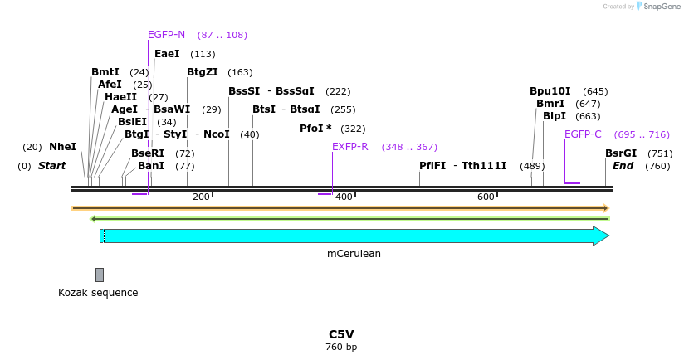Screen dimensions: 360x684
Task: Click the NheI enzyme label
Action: pyautogui.click(x=62, y=147)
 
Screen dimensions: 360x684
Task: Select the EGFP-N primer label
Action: pyautogui.click(x=166, y=35)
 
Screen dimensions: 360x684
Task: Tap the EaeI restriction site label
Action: pyautogui.click(x=167, y=54)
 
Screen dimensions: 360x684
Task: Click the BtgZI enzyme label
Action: pyautogui.click(x=203, y=72)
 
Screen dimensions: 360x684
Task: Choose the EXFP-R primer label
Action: pyautogui.click(x=349, y=147)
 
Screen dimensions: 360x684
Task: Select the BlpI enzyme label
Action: pyautogui.click(x=554, y=116)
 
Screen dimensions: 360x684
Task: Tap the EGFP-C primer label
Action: pyautogui.click(x=583, y=134)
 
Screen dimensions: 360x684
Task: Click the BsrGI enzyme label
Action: pyautogui.click(x=621, y=153)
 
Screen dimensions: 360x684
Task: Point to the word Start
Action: pyautogui.click(x=51, y=166)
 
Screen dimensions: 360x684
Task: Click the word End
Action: pyautogui.click(x=623, y=166)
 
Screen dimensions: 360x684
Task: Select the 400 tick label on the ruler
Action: pyautogui.click(x=344, y=197)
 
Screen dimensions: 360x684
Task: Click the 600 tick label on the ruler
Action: pyautogui.click(x=486, y=197)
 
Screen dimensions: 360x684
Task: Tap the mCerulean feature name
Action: pyautogui.click(x=354, y=254)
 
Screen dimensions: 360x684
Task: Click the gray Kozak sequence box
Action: pyautogui.click(x=100, y=275)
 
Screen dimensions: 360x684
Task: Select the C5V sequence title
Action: pyautogui.click(x=341, y=334)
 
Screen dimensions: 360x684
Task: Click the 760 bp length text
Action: pyautogui.click(x=341, y=347)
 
